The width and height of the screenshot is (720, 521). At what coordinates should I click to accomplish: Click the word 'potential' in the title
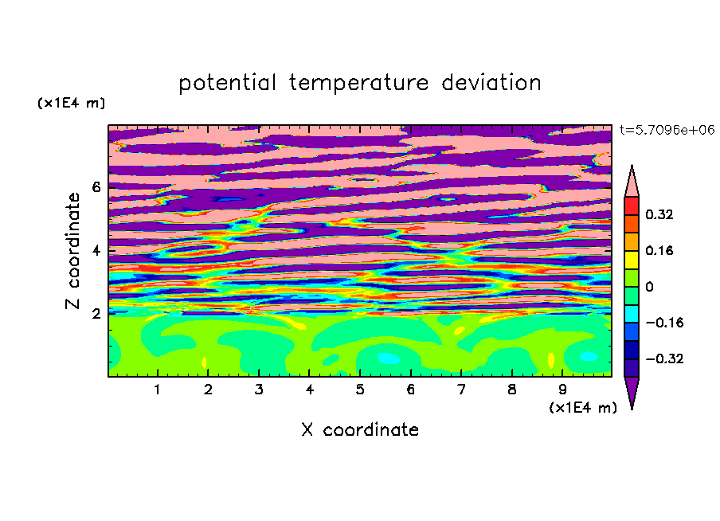coord(227,84)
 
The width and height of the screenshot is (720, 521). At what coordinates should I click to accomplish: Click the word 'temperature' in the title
coord(359,84)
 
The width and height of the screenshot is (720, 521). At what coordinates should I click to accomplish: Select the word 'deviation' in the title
coord(491,83)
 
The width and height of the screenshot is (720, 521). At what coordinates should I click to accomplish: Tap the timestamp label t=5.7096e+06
coord(667,130)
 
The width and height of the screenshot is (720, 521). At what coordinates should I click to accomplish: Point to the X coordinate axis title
coord(360,429)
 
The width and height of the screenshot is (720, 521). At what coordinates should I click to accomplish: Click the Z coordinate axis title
coord(73,250)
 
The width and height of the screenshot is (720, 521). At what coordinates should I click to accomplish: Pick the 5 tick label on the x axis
coord(359,390)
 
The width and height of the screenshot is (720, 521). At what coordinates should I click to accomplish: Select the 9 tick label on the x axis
coord(562,390)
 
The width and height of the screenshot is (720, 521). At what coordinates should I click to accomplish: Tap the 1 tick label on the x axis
coord(157,390)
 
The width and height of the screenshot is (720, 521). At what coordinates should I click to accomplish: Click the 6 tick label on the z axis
coord(96,187)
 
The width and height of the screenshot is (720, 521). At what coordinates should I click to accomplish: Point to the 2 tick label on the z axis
coord(96,313)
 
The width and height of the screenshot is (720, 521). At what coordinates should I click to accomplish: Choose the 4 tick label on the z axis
coord(96,250)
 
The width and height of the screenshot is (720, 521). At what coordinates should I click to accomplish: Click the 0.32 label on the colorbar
coord(659,214)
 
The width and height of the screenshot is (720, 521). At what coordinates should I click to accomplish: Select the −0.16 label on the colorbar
coord(664,323)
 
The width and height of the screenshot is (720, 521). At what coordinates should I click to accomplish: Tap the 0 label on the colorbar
coord(649,287)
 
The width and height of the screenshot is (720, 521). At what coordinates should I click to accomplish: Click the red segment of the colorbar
coord(632,206)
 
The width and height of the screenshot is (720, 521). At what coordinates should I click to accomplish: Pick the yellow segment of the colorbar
coord(632,260)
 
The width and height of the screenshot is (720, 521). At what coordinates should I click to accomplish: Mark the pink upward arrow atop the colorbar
coord(632,182)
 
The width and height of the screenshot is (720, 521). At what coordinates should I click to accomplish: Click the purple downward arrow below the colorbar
coord(632,392)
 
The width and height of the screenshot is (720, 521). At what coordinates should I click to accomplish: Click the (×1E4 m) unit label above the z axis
coord(71,103)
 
